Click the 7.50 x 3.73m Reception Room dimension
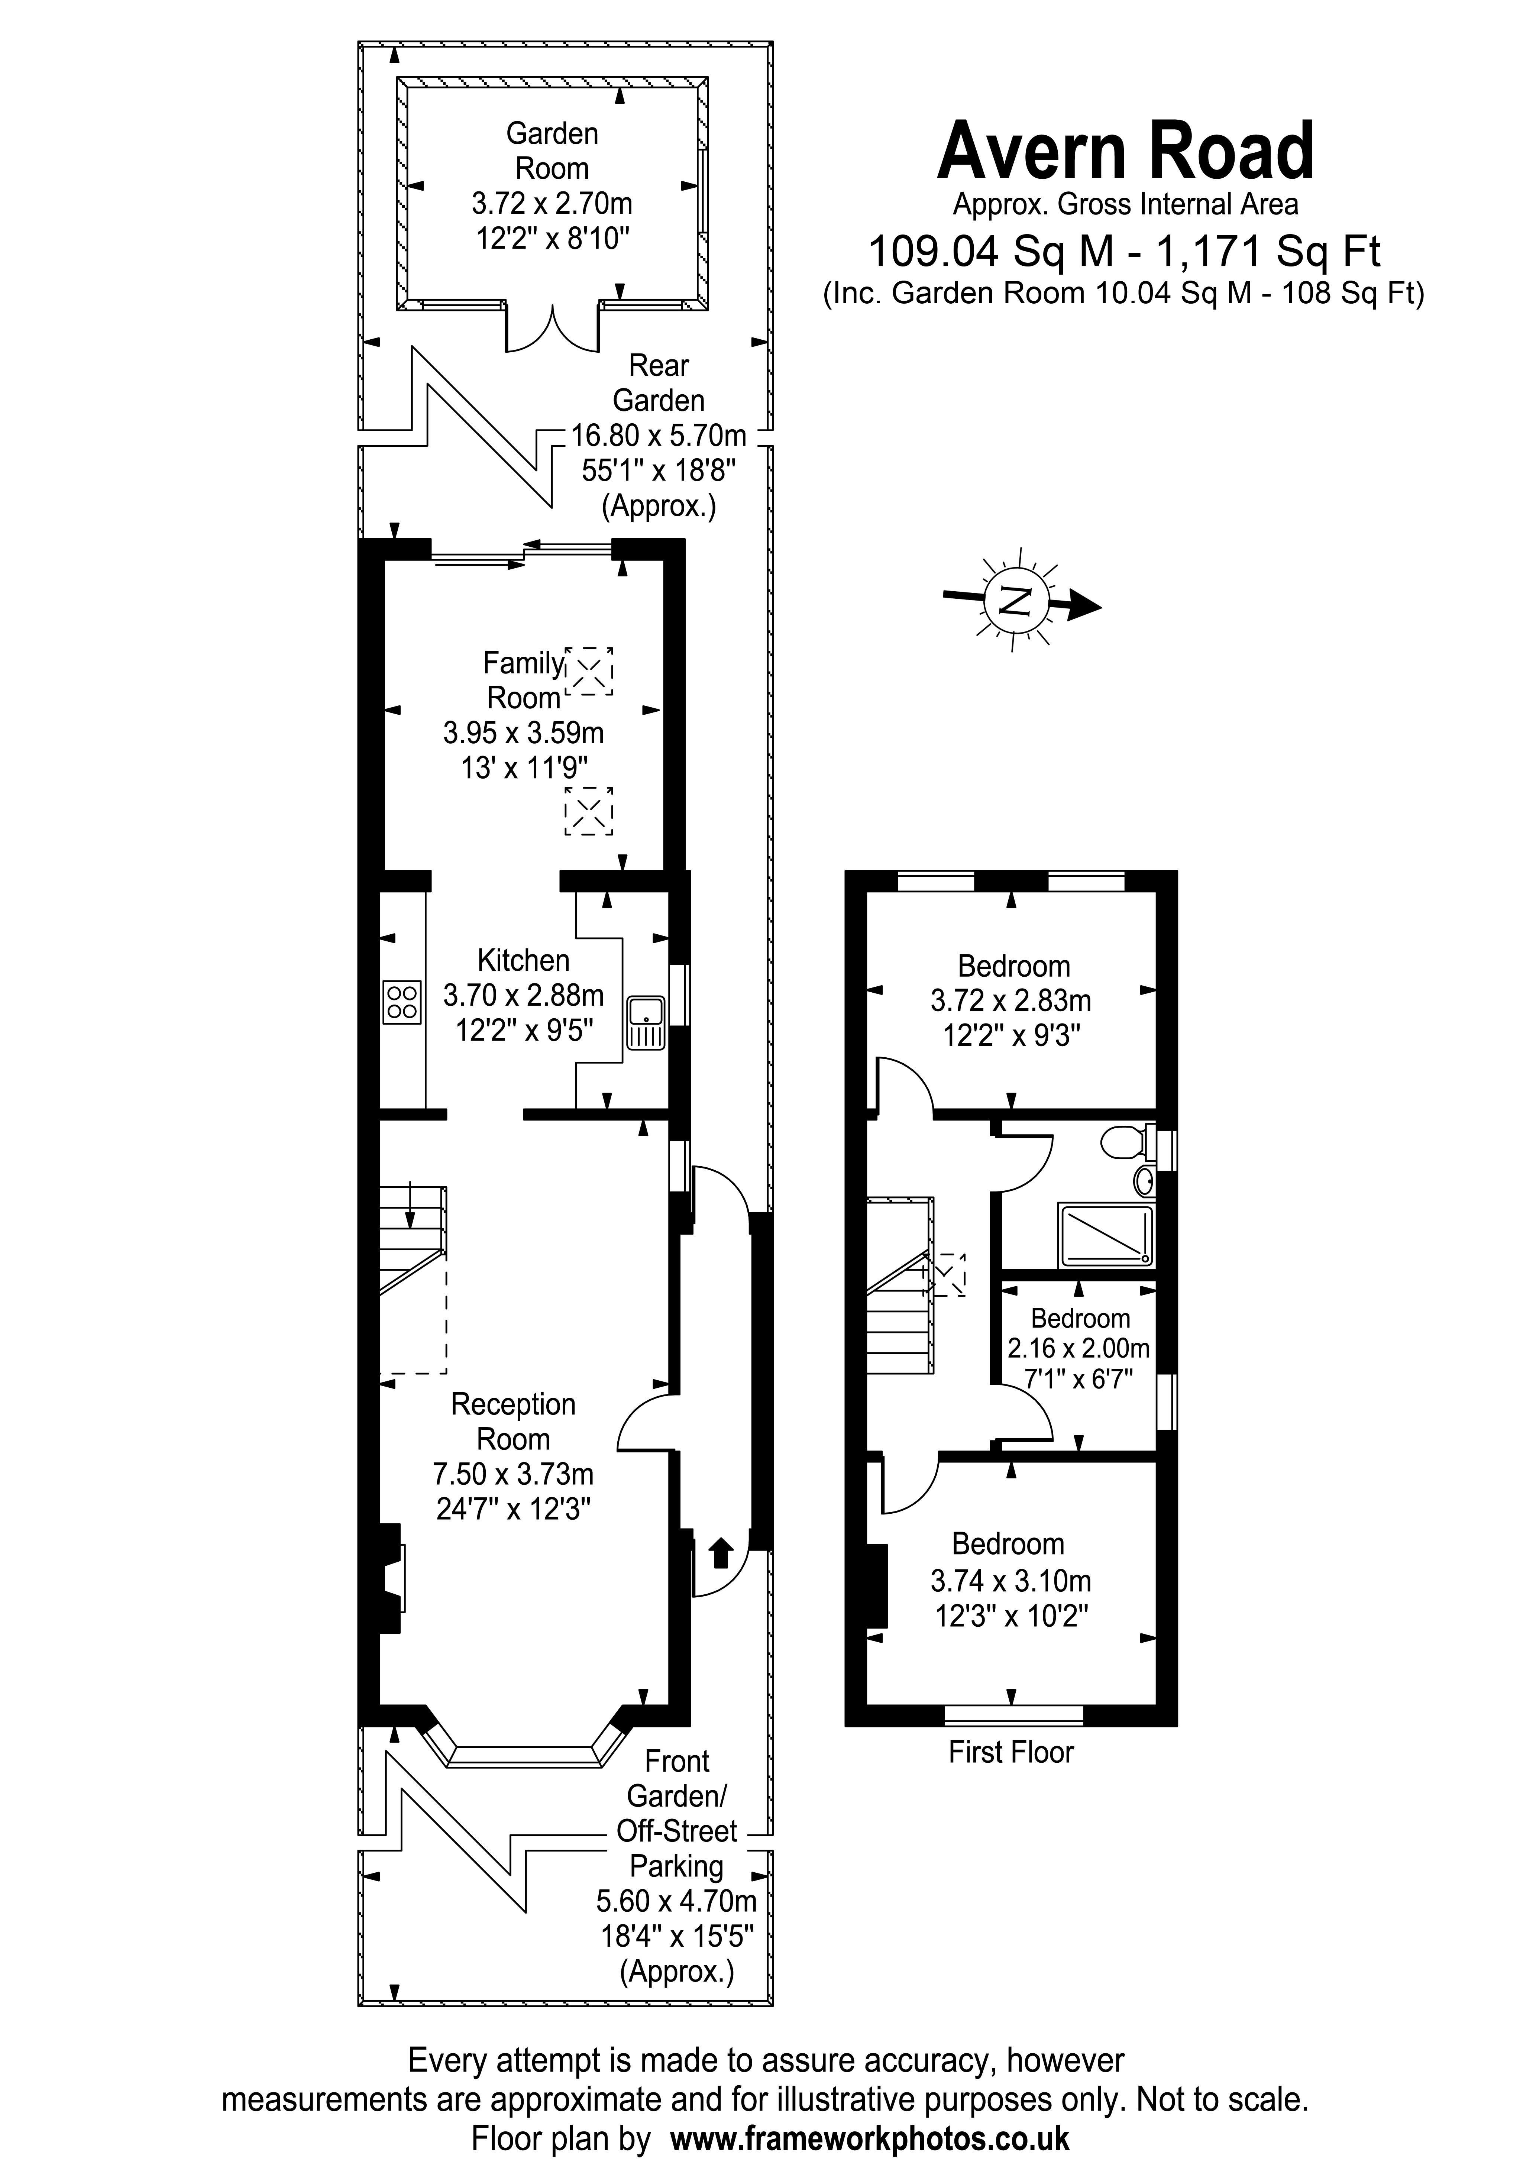[x=513, y=1474]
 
